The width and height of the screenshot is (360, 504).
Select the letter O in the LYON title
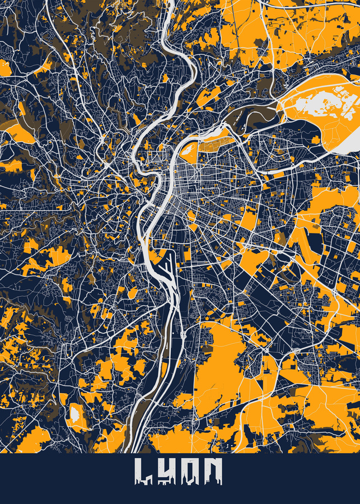[192, 472]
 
